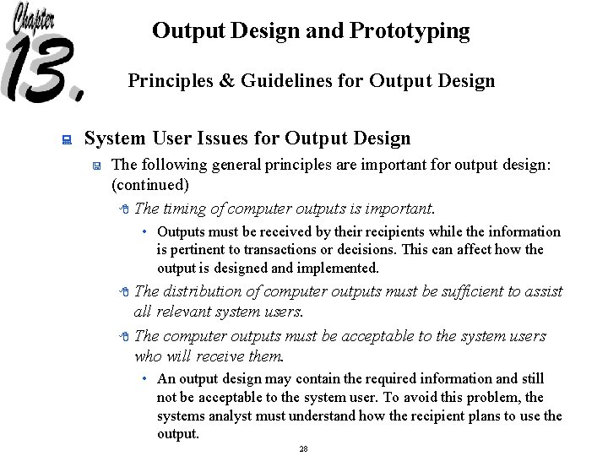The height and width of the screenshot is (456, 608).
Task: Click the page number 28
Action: tap(303, 448)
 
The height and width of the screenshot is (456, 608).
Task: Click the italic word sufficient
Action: tap(468, 291)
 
